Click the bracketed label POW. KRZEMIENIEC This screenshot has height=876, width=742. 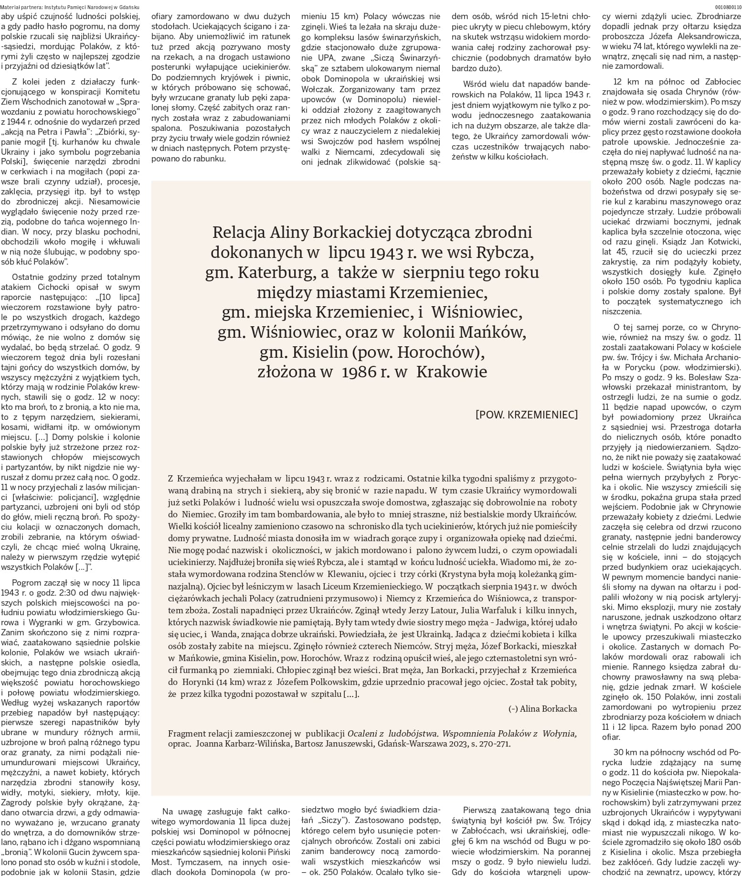coord(526,415)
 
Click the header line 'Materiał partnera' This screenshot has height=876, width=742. coord(70,7)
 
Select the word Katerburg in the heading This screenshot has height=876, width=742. coord(274,273)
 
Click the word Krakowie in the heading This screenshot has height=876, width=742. coord(452,372)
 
